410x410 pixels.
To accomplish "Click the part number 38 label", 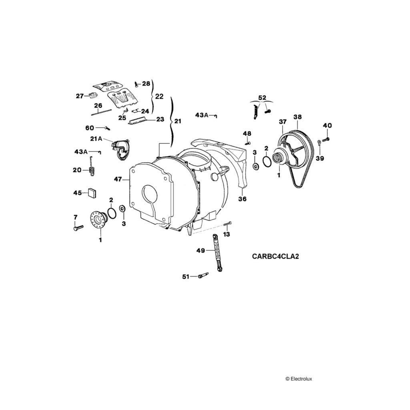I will tap(297, 117).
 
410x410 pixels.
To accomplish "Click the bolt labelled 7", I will tap(78, 227).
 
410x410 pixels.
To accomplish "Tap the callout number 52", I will tap(262, 98).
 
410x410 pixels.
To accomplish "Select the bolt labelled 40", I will tap(325, 139).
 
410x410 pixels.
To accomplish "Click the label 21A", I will tap(96, 139).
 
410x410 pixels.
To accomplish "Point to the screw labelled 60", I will tap(107, 128).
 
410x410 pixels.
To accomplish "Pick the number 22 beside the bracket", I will tap(159, 96).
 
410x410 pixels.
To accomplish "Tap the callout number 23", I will tap(160, 119).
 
